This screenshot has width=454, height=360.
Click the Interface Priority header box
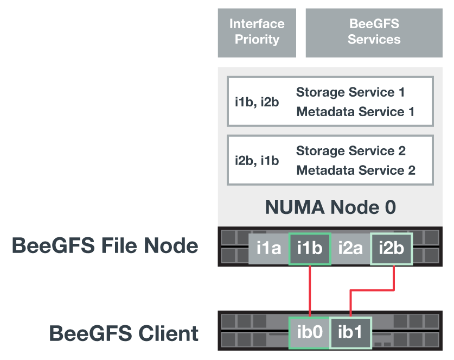pyautogui.click(x=257, y=33)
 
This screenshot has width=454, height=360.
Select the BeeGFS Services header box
pyautogui.click(x=374, y=33)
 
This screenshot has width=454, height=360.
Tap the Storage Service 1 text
pyautogui.click(x=350, y=92)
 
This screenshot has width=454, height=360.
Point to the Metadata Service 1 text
pyautogui.click(x=355, y=112)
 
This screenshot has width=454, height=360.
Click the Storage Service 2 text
pyautogui.click(x=350, y=151)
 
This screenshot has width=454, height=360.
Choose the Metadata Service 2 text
pyautogui.click(x=355, y=170)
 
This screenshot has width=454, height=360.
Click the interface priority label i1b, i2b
pyautogui.click(x=257, y=102)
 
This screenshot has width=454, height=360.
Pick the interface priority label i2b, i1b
pyautogui.click(x=257, y=161)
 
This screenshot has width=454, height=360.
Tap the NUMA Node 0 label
pyautogui.click(x=330, y=207)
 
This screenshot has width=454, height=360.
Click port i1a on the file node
pyautogui.click(x=268, y=249)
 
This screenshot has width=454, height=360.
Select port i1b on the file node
pyautogui.click(x=310, y=249)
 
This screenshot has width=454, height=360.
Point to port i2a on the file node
pyautogui.click(x=350, y=249)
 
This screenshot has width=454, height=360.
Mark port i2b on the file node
pyautogui.click(x=391, y=249)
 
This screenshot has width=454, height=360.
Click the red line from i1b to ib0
pyautogui.click(x=310, y=290)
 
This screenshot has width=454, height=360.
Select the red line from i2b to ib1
pyautogui.click(x=372, y=291)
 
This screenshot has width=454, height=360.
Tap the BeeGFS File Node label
pyautogui.click(x=105, y=246)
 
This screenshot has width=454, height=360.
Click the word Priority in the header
pyautogui.click(x=257, y=40)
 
